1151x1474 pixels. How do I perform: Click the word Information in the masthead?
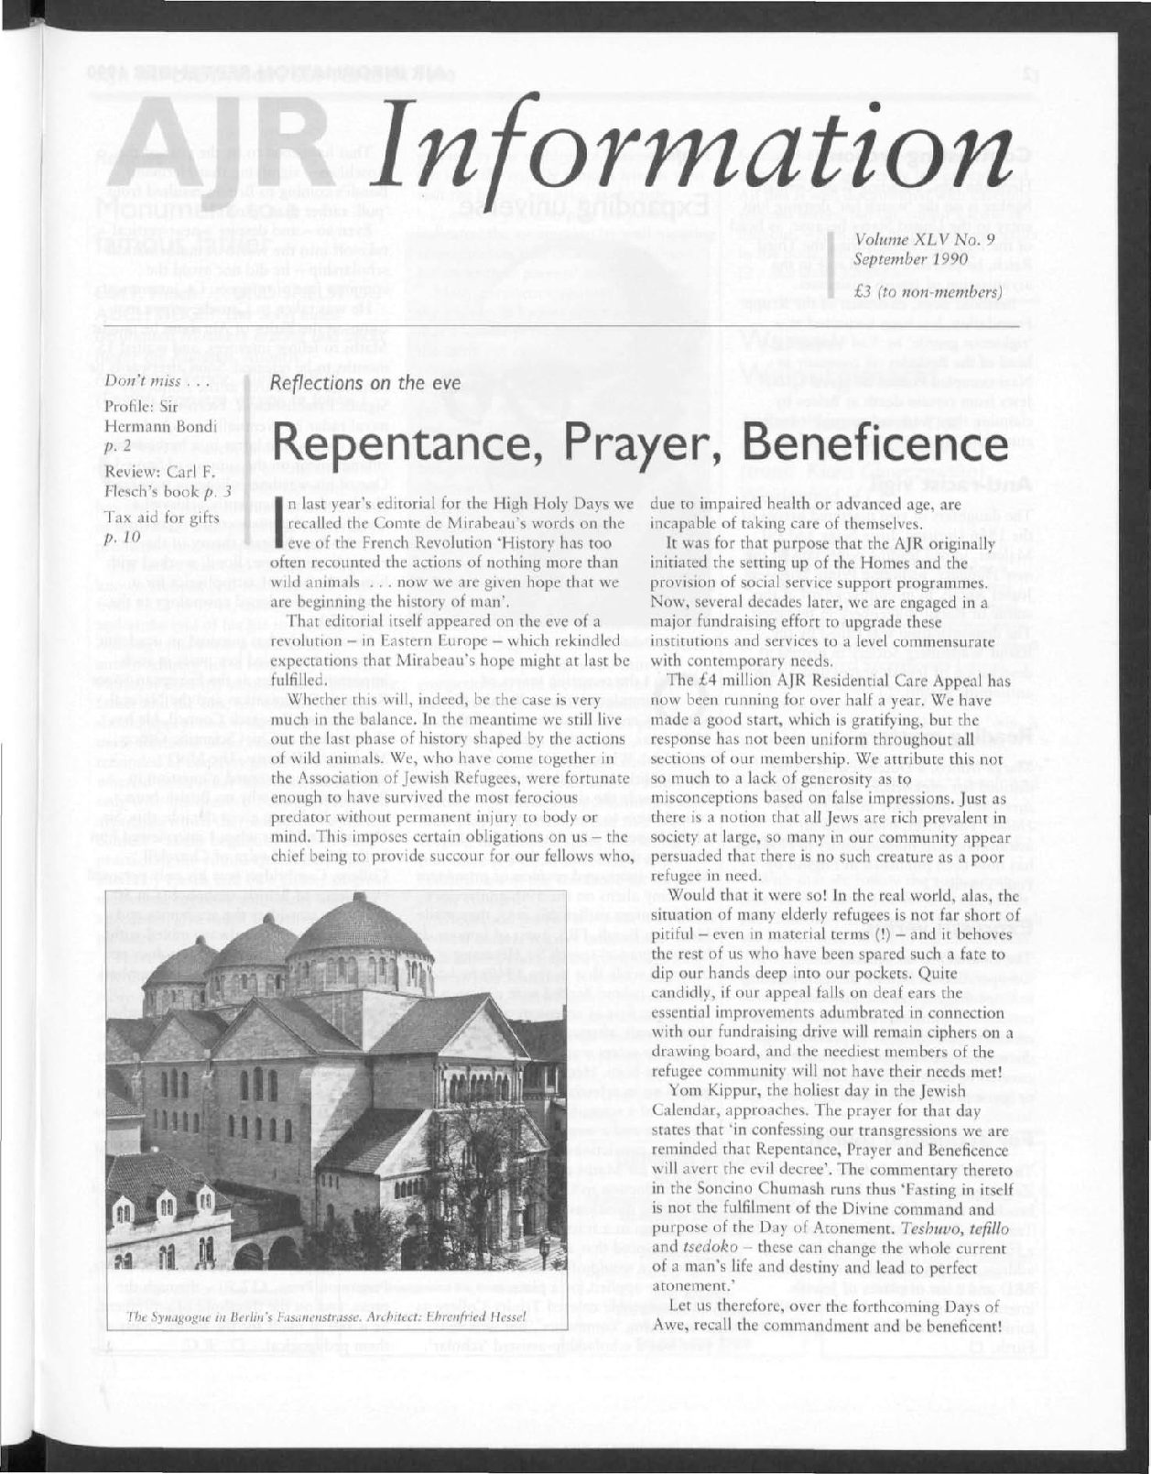696,151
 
